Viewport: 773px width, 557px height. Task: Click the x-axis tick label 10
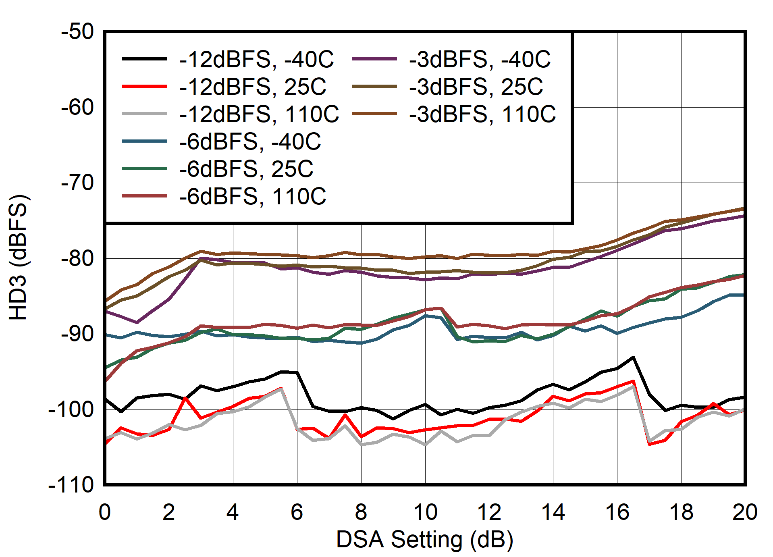[x=425, y=513]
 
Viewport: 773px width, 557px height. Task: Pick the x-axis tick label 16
[x=617, y=513]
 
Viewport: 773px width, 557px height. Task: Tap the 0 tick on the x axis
[x=105, y=513]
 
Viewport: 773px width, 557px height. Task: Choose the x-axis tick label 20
[x=745, y=513]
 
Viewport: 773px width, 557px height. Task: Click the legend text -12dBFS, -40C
[x=256, y=60]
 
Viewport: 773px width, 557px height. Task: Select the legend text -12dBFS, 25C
[x=253, y=87]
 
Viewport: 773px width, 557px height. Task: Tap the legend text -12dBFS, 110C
[x=259, y=114]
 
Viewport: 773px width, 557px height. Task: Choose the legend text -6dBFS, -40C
[x=250, y=142]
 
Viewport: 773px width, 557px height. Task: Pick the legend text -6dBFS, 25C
[x=246, y=169]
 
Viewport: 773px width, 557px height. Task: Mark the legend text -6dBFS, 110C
[x=253, y=197]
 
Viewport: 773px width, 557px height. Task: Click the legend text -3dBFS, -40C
[x=480, y=60]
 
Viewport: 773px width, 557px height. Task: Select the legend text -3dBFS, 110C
[x=482, y=114]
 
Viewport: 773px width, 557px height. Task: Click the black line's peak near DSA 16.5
[x=633, y=357]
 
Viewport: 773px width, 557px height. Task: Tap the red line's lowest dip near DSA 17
[x=649, y=444]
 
